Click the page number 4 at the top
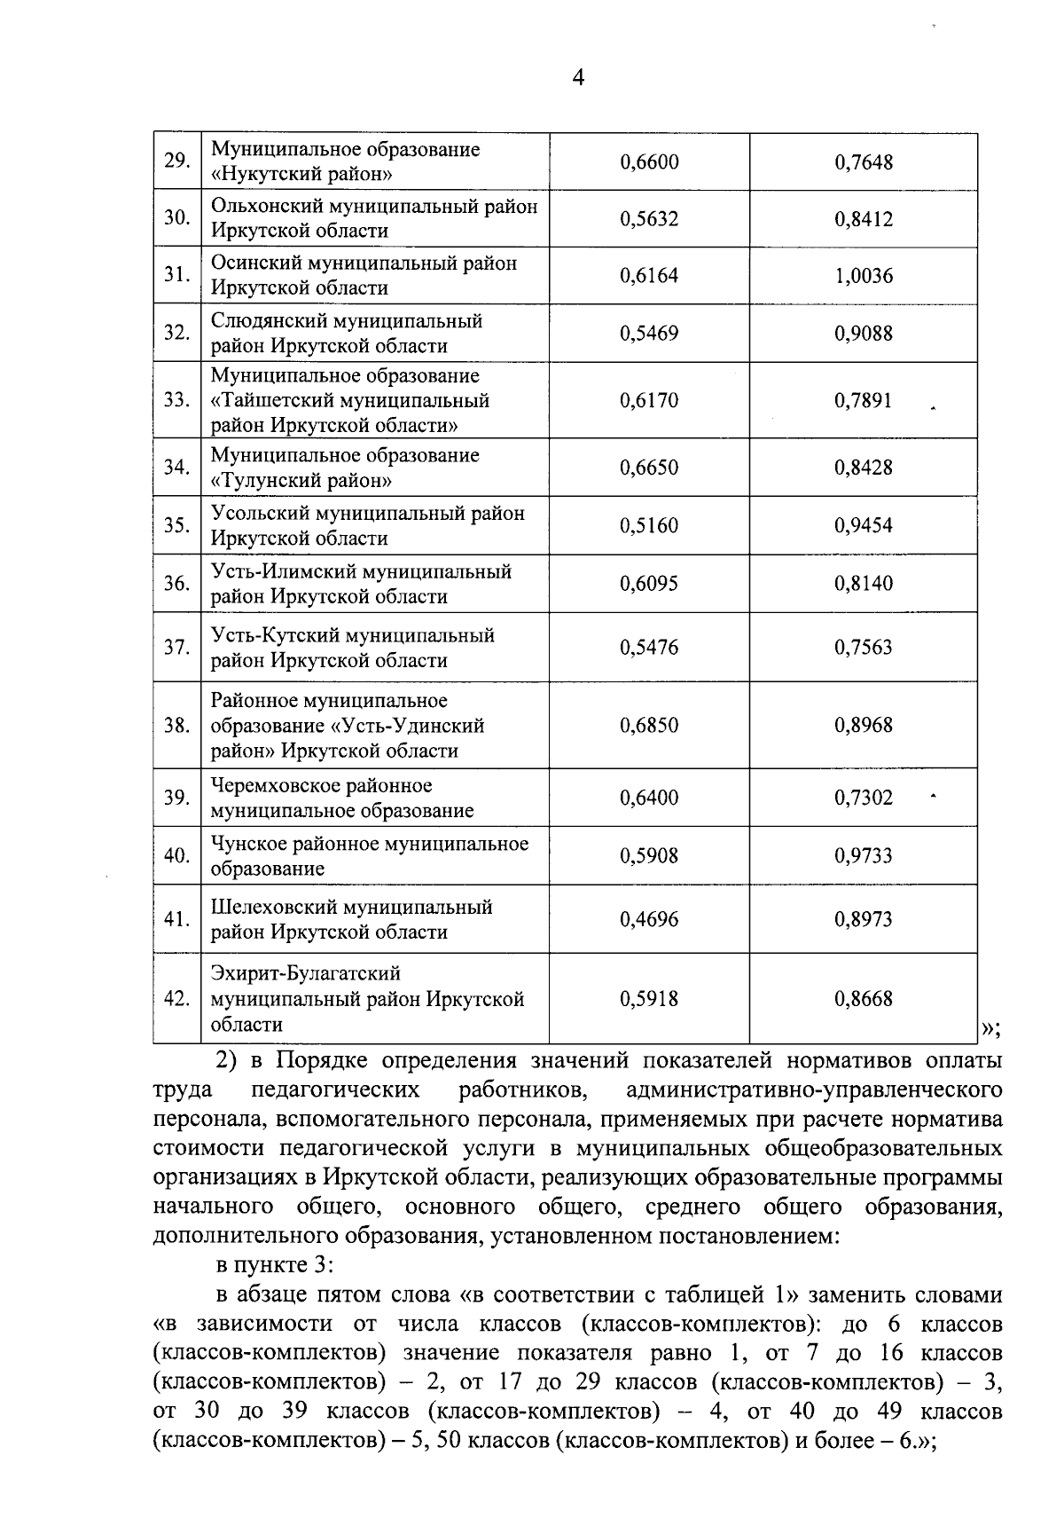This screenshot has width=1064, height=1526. point(578,78)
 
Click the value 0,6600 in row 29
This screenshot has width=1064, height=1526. point(649,162)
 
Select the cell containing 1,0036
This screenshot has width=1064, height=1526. point(863,276)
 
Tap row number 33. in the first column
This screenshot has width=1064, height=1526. point(177,400)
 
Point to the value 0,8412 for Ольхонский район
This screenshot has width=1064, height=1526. point(863,219)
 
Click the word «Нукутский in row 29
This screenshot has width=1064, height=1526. point(257,174)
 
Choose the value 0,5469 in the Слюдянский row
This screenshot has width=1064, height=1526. point(649,334)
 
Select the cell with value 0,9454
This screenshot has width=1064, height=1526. point(863,525)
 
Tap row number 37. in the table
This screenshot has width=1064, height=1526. point(177,648)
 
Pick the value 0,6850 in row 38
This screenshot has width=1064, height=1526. point(649,726)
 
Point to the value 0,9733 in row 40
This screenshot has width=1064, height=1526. point(863,856)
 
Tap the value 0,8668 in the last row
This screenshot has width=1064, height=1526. point(863,999)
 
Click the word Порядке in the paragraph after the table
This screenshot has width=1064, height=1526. point(323,1061)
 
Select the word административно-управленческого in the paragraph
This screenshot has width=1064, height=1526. point(813,1090)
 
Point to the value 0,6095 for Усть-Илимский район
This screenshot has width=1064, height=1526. point(649,584)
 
